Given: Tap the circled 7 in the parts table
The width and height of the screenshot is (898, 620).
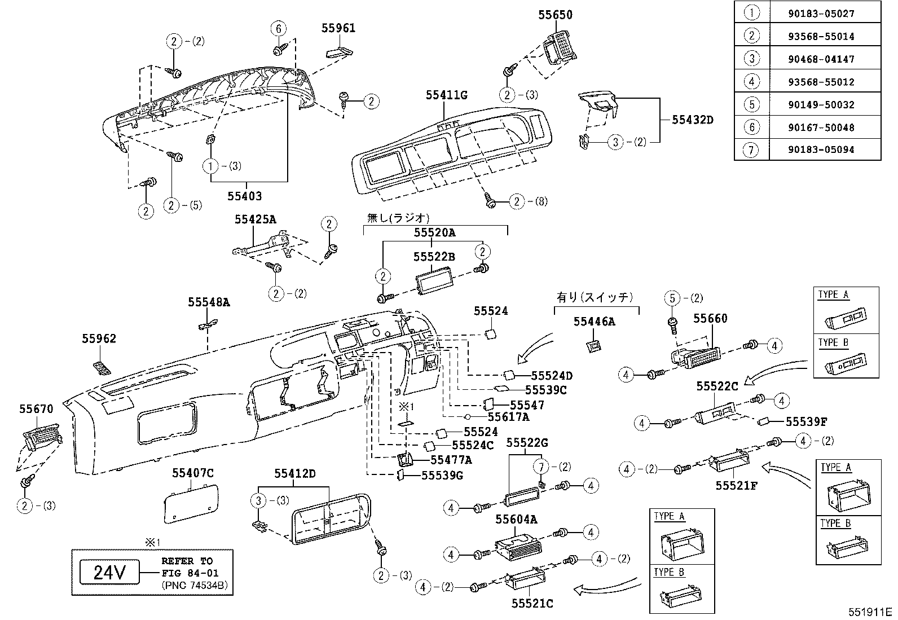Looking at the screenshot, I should (752, 150).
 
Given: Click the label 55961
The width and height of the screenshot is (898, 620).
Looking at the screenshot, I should (338, 28).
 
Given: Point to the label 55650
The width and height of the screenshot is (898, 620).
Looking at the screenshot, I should (555, 15).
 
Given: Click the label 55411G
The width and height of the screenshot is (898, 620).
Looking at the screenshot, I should (447, 95).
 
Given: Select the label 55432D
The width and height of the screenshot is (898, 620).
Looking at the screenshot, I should (693, 120).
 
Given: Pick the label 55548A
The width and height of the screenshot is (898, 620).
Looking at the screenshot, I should (209, 302).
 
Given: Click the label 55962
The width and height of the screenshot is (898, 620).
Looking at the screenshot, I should (99, 338).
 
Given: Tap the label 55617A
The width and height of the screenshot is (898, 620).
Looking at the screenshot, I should (508, 417).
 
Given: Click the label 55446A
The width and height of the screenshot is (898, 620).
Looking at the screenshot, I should (594, 322).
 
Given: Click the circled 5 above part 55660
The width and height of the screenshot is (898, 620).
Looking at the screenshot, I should (672, 298).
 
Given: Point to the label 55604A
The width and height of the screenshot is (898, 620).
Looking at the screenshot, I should (516, 520).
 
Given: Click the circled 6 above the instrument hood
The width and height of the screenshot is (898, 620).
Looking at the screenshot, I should (278, 28).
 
